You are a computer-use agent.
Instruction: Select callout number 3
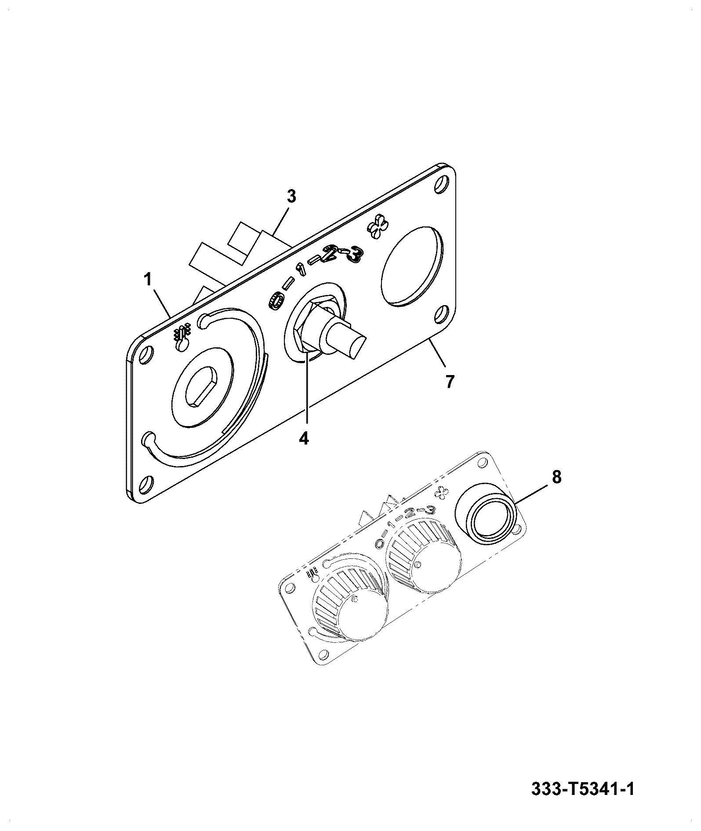click(x=291, y=196)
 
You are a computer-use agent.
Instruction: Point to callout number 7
click(x=449, y=382)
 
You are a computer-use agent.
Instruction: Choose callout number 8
click(x=556, y=477)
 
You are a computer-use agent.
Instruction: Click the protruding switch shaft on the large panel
click(x=345, y=339)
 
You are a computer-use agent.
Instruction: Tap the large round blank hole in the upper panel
click(x=412, y=266)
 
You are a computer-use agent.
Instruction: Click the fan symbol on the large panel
click(x=377, y=229)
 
